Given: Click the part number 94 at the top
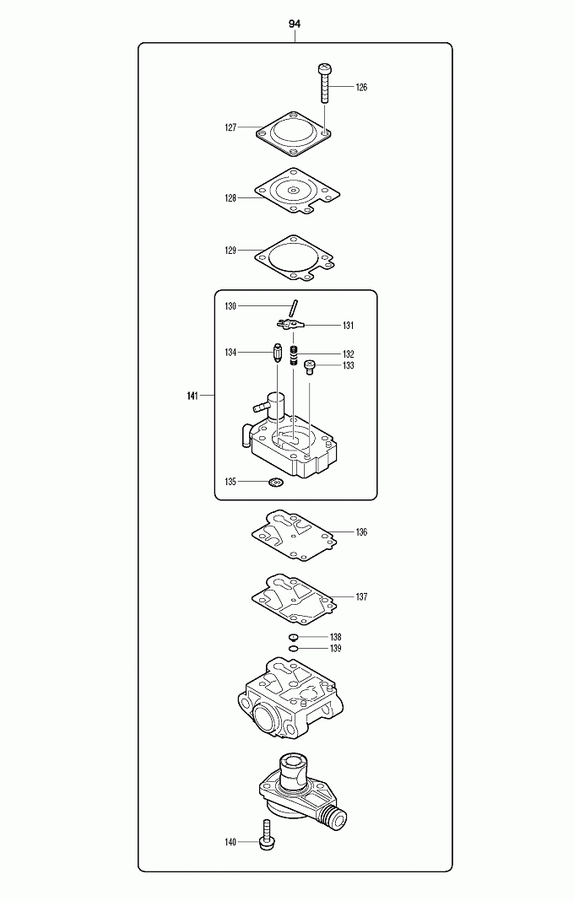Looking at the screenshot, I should [x=294, y=24].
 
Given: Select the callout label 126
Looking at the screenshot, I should [x=361, y=88].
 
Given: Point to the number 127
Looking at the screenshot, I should [x=230, y=128].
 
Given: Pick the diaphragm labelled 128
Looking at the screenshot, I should [x=292, y=192].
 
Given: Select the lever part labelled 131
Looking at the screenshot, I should [x=288, y=324].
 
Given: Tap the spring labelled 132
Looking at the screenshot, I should [x=294, y=355].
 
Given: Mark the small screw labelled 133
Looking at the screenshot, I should [x=309, y=366].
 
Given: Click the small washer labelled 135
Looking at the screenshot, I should [x=273, y=483].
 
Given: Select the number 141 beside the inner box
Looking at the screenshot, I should [x=192, y=396].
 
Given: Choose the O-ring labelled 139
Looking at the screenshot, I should [x=293, y=649].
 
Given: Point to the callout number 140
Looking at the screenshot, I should [x=230, y=842].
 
